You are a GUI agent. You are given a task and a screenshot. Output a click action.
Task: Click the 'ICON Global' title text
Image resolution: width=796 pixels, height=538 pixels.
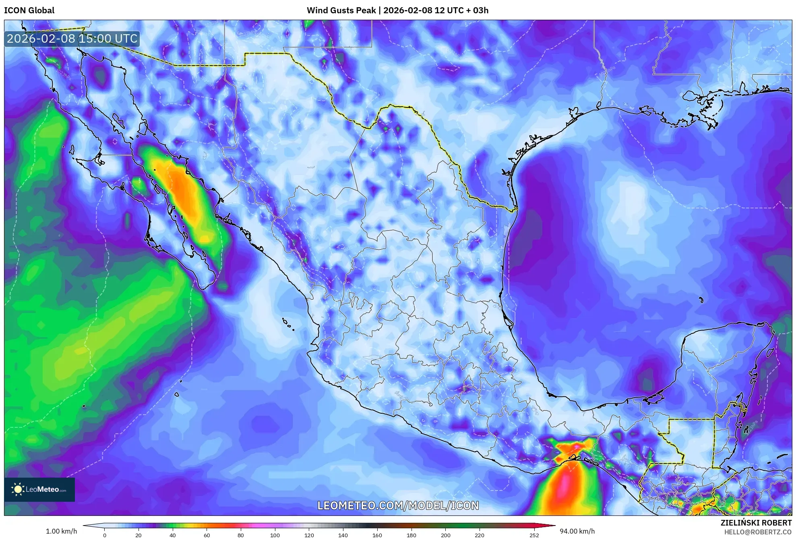coord(29,10)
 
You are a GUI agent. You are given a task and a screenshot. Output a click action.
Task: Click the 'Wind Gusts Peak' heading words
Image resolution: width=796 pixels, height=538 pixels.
coord(341,10)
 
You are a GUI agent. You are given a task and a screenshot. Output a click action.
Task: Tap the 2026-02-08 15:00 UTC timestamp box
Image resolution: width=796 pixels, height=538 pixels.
coord(72,39)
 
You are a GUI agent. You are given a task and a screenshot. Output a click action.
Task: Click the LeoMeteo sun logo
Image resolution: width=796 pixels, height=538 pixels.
coord(18,489)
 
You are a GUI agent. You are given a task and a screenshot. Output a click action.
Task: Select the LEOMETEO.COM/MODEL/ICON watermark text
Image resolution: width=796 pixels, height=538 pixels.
coord(398,505)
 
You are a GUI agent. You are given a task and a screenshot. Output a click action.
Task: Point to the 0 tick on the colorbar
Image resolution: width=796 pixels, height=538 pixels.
coord(105,535)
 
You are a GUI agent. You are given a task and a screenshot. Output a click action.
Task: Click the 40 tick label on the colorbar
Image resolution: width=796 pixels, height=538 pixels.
coord(173,535)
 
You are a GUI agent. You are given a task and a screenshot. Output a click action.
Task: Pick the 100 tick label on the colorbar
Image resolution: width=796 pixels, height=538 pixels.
coord(275,535)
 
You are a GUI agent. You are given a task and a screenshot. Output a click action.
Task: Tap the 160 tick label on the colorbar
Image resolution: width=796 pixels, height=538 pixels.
coord(377,535)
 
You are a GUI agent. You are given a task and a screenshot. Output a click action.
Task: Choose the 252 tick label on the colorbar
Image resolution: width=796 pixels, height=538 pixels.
coord(534,535)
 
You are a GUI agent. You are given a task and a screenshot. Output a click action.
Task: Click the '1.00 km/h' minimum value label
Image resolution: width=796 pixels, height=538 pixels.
coord(61,531)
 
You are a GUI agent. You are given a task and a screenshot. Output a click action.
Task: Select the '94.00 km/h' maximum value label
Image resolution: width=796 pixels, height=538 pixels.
coord(577,531)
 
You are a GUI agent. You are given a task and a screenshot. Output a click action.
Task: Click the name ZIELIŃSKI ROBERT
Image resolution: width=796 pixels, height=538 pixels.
coord(756,523)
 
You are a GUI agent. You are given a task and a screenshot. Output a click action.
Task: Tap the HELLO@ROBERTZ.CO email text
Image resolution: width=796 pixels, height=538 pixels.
coord(758,532)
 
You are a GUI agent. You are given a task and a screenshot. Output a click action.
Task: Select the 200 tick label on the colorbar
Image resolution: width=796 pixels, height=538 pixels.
coord(445,535)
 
